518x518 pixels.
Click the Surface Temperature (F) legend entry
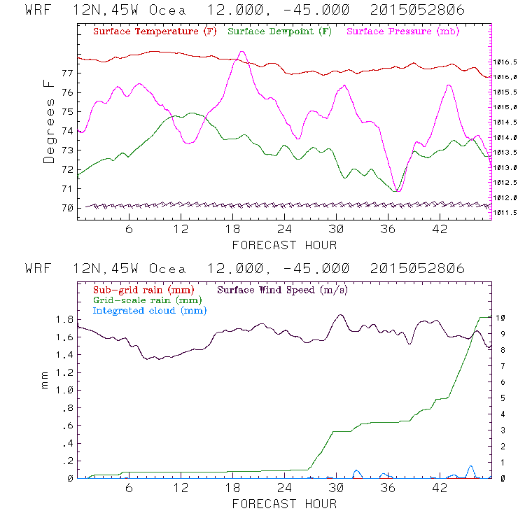(155, 31)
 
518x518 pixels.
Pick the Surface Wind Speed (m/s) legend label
(283, 289)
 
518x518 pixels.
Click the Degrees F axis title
(49, 121)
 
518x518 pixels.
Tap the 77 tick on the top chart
(67, 73)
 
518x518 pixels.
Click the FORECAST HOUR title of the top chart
(284, 245)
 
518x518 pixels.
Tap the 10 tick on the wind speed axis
(501, 318)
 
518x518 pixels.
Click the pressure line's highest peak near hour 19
(241, 51)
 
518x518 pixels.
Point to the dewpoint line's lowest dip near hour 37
(397, 190)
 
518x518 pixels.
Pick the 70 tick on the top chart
(67, 208)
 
